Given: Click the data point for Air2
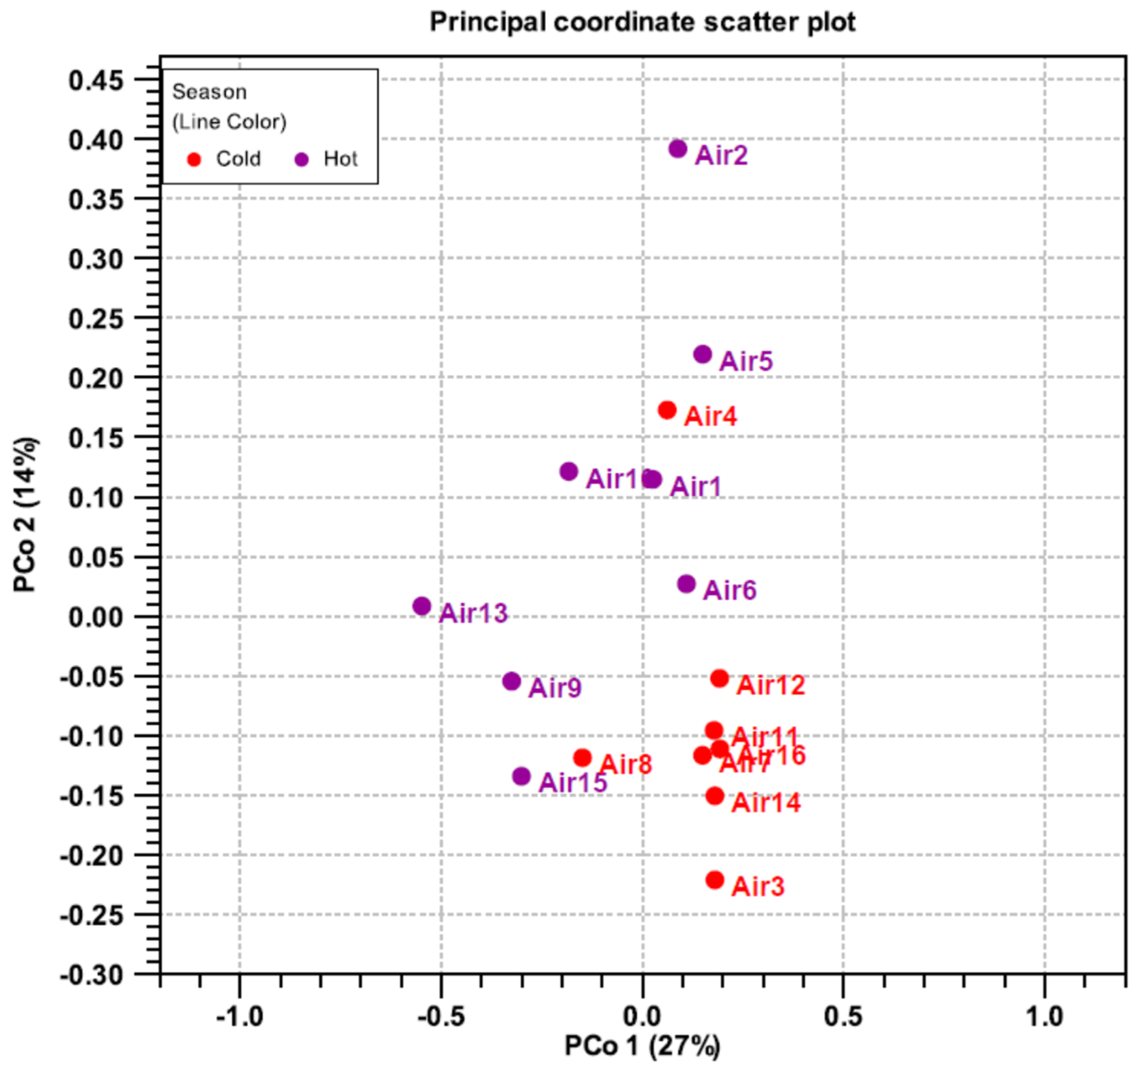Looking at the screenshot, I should pos(678,149).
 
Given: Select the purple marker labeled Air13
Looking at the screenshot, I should pos(422,606).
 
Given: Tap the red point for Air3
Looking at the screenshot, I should pos(715,880).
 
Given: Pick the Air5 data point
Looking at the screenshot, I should pos(702,355).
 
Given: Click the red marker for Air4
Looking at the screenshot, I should pos(667,410).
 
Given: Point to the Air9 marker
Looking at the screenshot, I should pos(511,681).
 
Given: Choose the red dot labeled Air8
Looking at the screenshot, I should pos(582,757).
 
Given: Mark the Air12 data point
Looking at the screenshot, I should pos(719,678).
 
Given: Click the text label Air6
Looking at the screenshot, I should pos(730,590).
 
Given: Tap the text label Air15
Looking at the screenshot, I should pos(573,782).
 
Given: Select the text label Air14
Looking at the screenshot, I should pos(765,803).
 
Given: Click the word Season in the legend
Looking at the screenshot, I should pos(209,92).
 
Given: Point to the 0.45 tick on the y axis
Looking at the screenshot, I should pos(96,80).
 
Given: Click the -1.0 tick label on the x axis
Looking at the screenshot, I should pos(239,1017).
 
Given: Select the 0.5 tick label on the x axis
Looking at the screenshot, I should pos(843,1017).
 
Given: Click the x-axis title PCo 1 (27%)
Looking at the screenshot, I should pos(642,1046).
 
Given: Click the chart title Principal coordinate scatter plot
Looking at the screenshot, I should pos(642,22).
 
